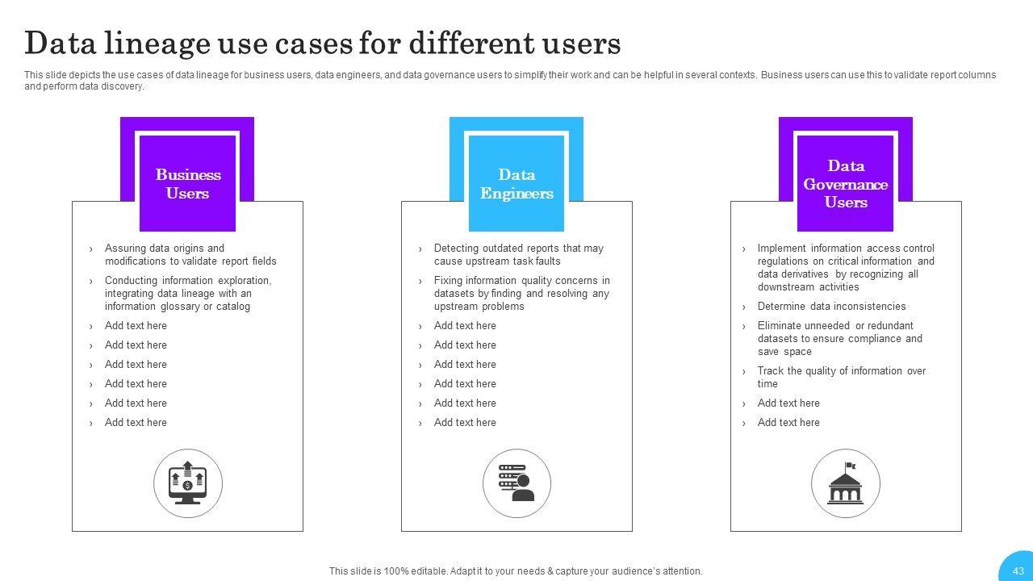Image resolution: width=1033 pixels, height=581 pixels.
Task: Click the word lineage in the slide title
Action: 157,44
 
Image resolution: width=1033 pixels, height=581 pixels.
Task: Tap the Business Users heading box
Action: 188,183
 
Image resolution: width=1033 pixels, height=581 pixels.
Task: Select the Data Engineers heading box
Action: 516,183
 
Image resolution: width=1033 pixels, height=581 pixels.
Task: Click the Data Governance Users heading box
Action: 845,183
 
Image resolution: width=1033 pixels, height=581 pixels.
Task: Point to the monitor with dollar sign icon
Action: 188,483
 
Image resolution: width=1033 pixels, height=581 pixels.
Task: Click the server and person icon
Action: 516,483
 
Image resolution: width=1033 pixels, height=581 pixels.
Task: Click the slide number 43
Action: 1018,571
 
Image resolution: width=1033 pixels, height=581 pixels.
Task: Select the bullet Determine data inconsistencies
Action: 831,306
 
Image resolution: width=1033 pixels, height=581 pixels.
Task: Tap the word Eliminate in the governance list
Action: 780,325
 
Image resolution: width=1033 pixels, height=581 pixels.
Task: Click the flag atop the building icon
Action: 851,466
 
